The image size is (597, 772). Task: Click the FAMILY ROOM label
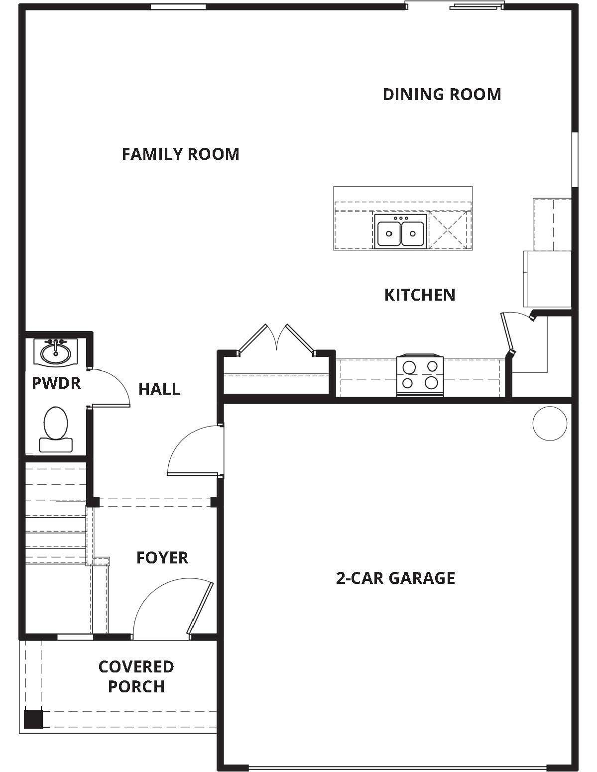point(180,154)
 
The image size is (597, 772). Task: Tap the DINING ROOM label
point(442,94)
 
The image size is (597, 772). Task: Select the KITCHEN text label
point(419,295)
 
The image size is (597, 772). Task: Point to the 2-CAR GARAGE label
point(395,578)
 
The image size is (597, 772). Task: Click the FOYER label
point(162,557)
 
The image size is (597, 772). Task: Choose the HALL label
point(159,389)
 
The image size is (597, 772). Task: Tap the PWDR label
point(56,383)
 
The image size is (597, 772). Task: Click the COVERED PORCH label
point(136,676)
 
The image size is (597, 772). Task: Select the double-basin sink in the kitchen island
point(400,232)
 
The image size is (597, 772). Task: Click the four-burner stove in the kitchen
point(420,376)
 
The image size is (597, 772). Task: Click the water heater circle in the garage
point(550,423)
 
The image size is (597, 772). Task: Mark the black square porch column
point(33,719)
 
